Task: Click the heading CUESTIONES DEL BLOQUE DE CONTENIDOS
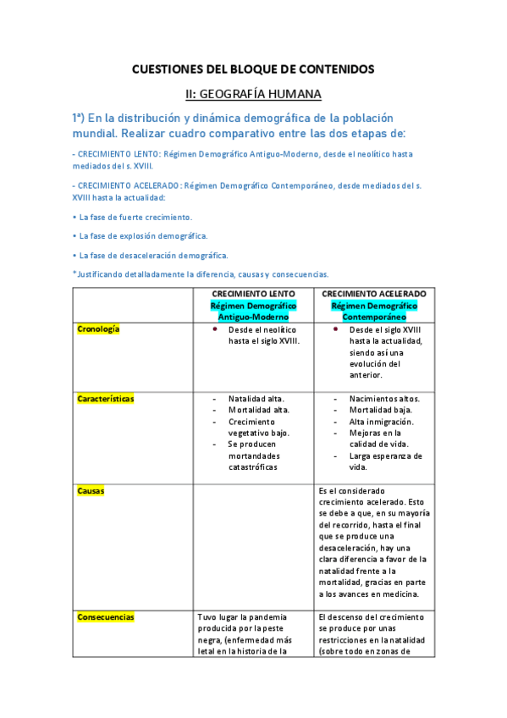click(x=253, y=69)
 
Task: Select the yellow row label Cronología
click(x=98, y=329)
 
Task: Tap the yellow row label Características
click(x=105, y=399)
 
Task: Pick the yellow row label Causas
click(x=91, y=491)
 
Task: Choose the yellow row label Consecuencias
click(x=106, y=617)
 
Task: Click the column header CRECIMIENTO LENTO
click(x=254, y=294)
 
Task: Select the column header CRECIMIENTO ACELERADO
click(x=374, y=294)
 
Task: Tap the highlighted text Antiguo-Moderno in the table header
click(x=254, y=316)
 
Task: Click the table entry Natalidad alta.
click(x=256, y=399)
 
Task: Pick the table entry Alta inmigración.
click(x=381, y=422)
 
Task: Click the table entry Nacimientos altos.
click(x=384, y=399)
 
